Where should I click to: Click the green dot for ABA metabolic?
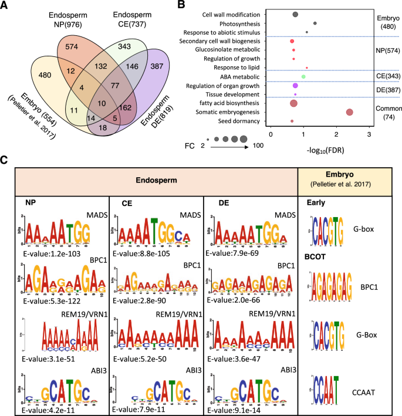pyautogui.click(x=303, y=76)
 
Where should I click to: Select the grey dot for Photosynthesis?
pyautogui.click(x=315, y=23)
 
